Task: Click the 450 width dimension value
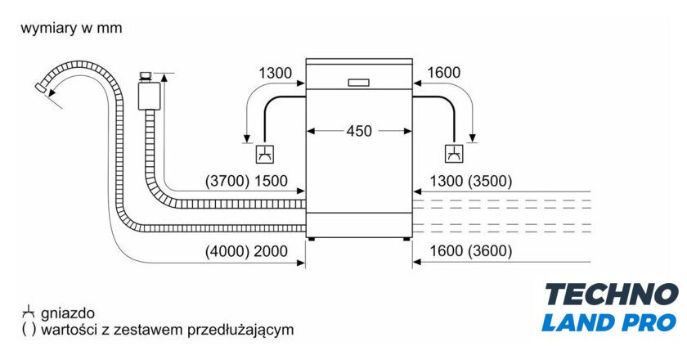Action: click(x=360, y=131)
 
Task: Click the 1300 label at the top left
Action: click(x=276, y=73)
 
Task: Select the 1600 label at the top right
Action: click(x=444, y=73)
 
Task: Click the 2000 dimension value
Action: click(x=271, y=251)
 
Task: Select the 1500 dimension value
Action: click(x=271, y=182)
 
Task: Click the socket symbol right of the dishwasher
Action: click(x=453, y=153)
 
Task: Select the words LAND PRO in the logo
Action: click(x=609, y=322)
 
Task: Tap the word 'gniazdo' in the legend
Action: click(x=70, y=313)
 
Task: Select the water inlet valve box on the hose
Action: click(x=148, y=94)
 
